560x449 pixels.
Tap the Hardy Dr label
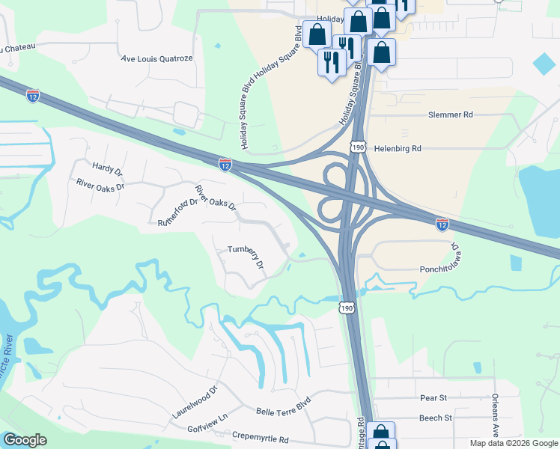[x=107, y=169]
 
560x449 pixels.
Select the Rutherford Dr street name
[x=177, y=219]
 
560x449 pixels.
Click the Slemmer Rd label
[x=450, y=114]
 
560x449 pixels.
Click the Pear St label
[x=433, y=397]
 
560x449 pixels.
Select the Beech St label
[x=435, y=418]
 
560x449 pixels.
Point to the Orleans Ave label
[x=495, y=415]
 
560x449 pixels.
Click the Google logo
[x=25, y=440]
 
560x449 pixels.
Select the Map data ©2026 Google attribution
[x=513, y=443]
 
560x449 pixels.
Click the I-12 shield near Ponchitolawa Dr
[x=442, y=223]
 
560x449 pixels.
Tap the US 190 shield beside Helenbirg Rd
[x=359, y=147]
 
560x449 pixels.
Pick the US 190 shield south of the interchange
[x=345, y=307]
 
